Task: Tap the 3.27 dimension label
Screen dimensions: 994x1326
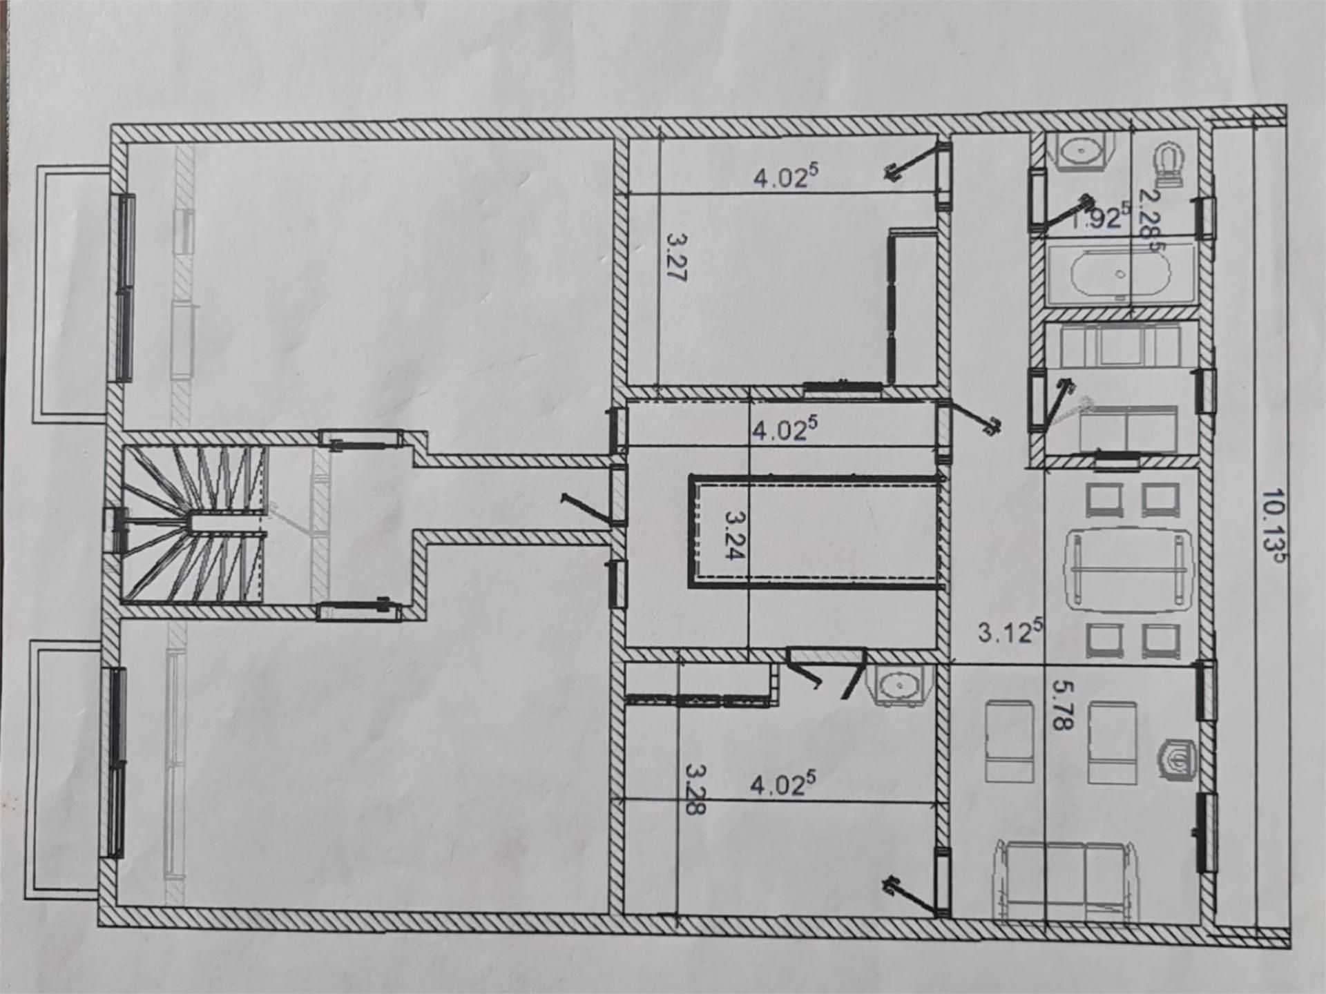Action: click(678, 257)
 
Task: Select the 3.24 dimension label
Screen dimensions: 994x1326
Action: click(736, 534)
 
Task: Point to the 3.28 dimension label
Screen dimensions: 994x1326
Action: click(696, 789)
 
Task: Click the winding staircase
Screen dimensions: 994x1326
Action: click(193, 525)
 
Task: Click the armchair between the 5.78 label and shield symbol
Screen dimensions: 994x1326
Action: click(1112, 743)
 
